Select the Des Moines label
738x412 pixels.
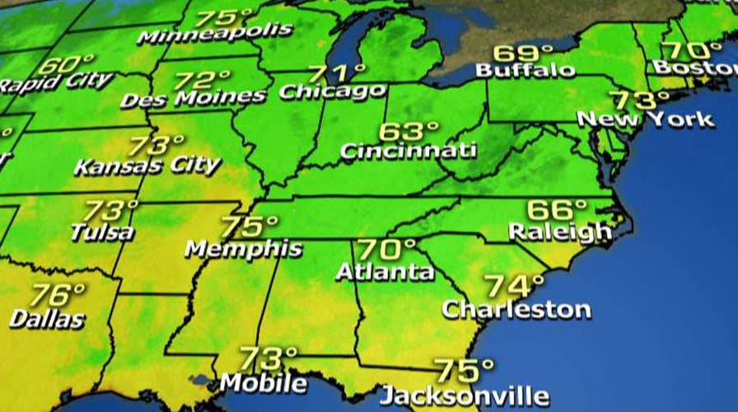tap(194, 98)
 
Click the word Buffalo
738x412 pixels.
tap(525, 71)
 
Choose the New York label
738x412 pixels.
tap(645, 119)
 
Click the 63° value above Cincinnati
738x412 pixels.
tap(409, 132)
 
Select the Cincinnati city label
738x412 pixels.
tap(408, 151)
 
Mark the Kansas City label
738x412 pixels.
tap(147, 166)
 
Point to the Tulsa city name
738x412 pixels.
tap(102, 232)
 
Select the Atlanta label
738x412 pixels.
tap(385, 270)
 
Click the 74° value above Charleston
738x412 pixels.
tap(514, 286)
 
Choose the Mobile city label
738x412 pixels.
tap(263, 383)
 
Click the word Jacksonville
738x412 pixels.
tap(464, 393)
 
